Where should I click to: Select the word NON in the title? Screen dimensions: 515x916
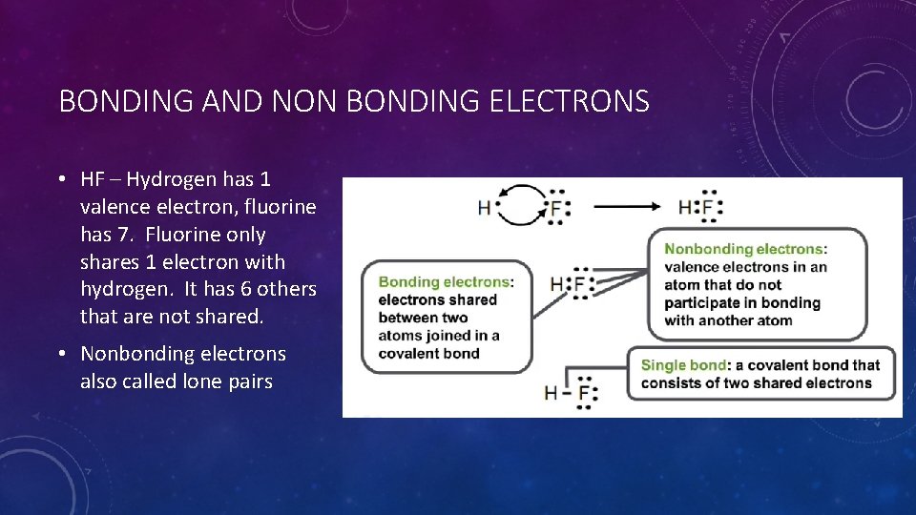(305, 101)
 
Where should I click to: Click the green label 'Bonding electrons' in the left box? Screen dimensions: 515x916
(444, 281)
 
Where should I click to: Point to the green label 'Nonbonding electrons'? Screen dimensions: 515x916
(744, 249)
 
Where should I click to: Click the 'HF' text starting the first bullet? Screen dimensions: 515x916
(93, 179)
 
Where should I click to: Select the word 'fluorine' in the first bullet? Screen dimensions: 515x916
(281, 207)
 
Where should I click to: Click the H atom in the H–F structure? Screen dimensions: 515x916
(551, 392)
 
